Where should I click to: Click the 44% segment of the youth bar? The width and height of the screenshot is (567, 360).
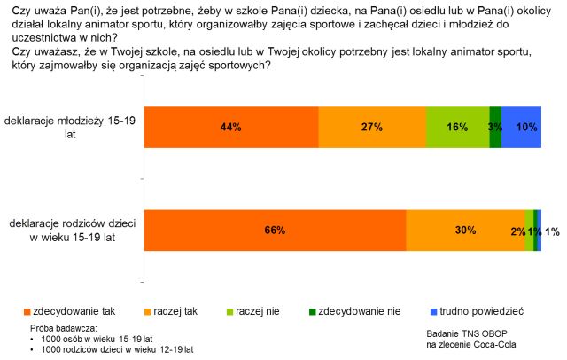(x=231, y=127)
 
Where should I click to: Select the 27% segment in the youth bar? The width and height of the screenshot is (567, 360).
(x=372, y=127)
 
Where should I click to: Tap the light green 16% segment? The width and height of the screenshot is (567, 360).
(x=457, y=127)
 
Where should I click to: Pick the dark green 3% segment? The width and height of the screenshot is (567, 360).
(x=495, y=127)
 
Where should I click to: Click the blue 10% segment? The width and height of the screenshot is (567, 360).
(x=522, y=127)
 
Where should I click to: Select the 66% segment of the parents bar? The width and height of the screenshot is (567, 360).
(x=275, y=231)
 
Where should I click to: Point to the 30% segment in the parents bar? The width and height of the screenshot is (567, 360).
(x=465, y=231)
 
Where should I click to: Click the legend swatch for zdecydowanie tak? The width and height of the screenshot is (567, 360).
(x=26, y=312)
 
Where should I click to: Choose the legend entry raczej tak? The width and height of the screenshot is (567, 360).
(x=173, y=312)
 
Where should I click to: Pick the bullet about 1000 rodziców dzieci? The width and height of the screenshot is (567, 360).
(x=111, y=350)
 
